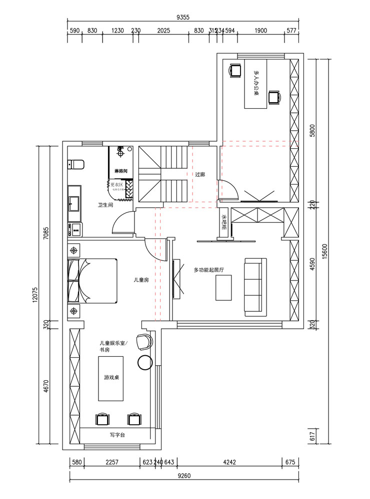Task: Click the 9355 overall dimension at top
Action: (183, 17)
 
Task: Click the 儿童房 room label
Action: (141, 280)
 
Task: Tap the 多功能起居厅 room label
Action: (208, 270)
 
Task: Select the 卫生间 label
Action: (105, 205)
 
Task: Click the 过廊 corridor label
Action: (200, 175)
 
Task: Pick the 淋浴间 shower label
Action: (121, 171)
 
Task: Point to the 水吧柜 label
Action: (224, 222)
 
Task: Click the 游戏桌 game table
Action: (111, 378)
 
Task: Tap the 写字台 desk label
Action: (117, 435)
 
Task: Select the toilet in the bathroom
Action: (77, 164)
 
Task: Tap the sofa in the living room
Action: (255, 286)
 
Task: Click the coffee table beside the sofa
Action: (223, 287)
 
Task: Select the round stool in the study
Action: (144, 362)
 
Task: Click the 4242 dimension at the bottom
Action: (229, 462)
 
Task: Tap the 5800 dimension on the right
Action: (312, 131)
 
